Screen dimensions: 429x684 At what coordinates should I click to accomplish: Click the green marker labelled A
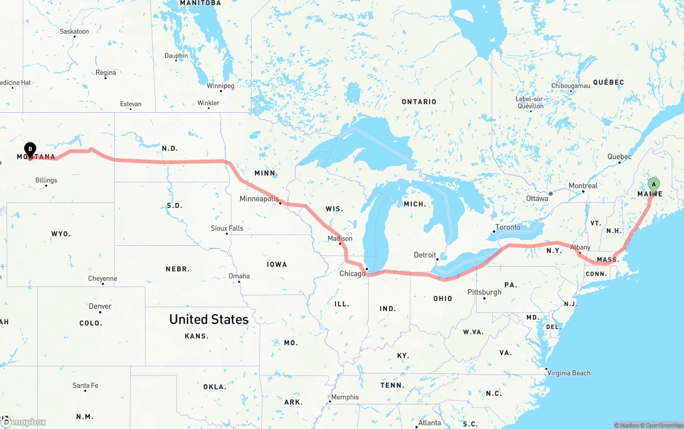pos(653,185)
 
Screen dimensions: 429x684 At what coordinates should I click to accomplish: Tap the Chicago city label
pos(352,274)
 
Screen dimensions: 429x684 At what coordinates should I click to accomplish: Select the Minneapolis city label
pos(259,199)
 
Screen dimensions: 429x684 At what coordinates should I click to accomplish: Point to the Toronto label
pos(508,227)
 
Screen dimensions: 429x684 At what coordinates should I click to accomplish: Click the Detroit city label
pos(425,255)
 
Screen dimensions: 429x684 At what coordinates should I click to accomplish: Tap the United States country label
pos(208,319)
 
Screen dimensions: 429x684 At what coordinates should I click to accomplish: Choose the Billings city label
pos(46,180)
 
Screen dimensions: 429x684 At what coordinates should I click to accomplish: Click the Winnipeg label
pos(220,85)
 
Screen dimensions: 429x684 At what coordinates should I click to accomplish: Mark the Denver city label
pos(100,306)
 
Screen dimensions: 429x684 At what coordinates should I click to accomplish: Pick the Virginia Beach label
pos(570,373)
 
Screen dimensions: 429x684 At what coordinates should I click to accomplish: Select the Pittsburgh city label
pos(484,292)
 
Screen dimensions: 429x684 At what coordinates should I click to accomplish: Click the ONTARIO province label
pos(419,102)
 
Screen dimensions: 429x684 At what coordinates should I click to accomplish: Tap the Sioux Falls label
pos(227,228)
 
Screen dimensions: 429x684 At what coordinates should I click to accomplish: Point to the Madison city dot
pos(340,244)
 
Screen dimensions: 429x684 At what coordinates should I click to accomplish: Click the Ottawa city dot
pos(550,193)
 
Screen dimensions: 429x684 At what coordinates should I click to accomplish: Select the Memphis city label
pos(345,397)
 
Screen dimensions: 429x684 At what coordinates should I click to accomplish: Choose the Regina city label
pos(105,73)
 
